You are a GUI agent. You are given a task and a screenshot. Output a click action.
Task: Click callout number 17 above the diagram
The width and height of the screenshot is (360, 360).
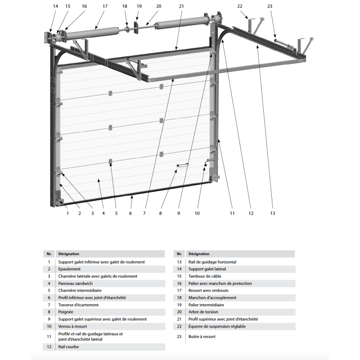[105, 6]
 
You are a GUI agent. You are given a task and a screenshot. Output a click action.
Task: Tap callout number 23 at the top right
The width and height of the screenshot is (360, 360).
[270, 6]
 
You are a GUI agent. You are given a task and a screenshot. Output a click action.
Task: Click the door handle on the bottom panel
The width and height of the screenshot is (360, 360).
[183, 166]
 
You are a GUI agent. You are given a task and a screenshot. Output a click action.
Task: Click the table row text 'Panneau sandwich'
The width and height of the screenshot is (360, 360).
[76, 283]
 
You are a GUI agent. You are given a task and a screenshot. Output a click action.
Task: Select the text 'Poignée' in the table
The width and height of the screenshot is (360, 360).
[66, 312]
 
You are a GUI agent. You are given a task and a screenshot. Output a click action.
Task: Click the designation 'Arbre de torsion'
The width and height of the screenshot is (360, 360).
[203, 312]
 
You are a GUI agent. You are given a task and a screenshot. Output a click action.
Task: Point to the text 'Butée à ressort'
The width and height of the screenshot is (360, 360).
[202, 336]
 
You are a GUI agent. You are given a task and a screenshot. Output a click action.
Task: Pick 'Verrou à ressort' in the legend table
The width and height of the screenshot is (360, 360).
[72, 326]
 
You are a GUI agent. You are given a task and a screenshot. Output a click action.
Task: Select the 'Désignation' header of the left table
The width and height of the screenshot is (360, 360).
[69, 254]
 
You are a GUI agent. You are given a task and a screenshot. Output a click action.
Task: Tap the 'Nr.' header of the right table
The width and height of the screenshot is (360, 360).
[179, 254]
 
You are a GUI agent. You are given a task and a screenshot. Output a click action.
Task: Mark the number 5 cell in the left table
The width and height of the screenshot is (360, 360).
[49, 291]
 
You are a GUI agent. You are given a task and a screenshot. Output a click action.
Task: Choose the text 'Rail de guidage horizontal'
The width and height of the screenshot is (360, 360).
[212, 262]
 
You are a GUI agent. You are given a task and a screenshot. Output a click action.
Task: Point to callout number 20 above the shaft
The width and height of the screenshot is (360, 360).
[158, 6]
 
